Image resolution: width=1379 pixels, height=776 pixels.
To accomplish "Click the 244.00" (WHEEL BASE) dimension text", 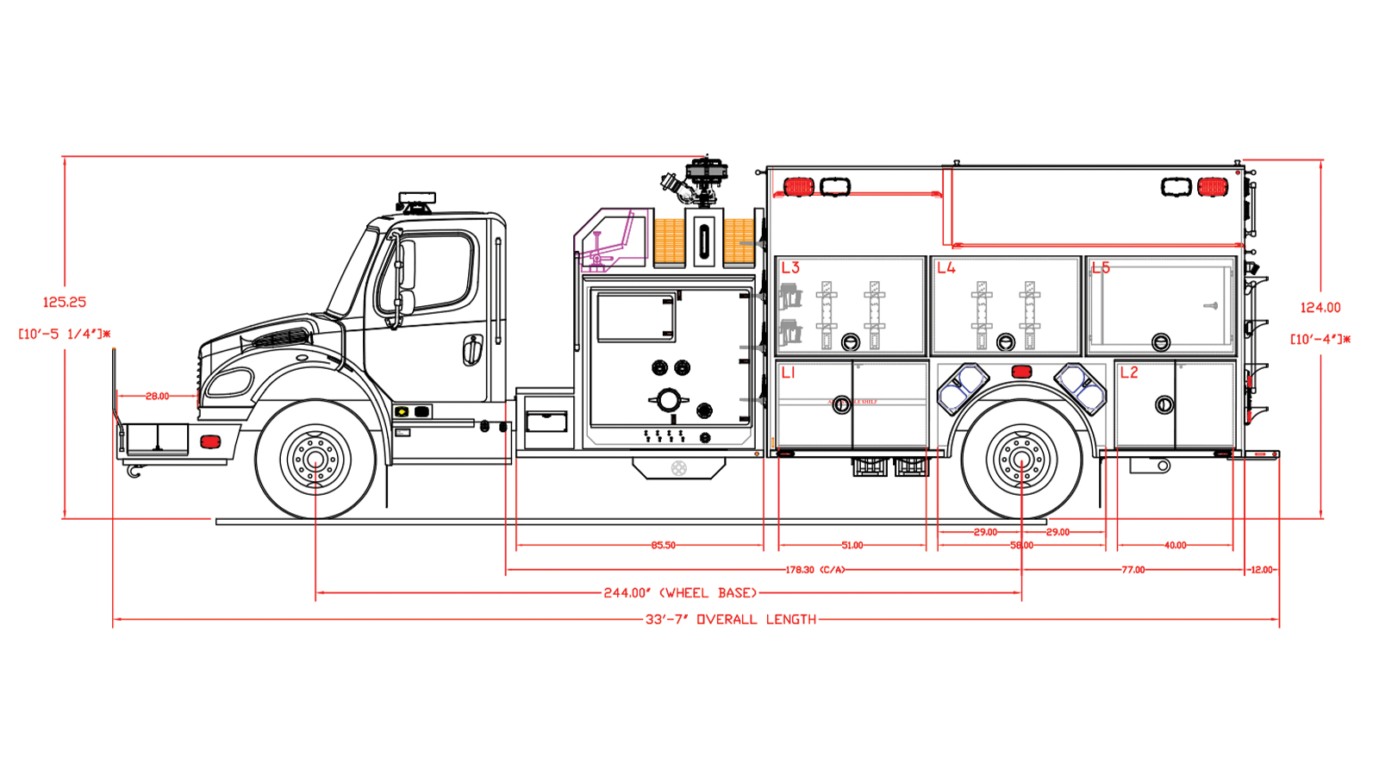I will pyautogui.click(x=680, y=593).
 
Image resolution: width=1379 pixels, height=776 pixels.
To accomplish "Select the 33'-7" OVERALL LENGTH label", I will pyautogui.click(x=730, y=619).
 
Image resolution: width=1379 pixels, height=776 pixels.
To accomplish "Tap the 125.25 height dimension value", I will pyautogui.click(x=65, y=302).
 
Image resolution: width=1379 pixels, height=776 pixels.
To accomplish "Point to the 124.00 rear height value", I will pyautogui.click(x=1320, y=307).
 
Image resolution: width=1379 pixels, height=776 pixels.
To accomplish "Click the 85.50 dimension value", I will pyautogui.click(x=663, y=545).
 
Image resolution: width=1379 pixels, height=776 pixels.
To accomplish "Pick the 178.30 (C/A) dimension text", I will pyautogui.click(x=814, y=570).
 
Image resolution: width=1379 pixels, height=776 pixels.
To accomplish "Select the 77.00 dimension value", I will pyautogui.click(x=1133, y=570).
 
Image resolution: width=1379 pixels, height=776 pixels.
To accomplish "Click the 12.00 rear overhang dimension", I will pyautogui.click(x=1261, y=570).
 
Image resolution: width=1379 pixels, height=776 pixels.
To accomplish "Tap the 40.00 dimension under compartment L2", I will pyautogui.click(x=1175, y=545).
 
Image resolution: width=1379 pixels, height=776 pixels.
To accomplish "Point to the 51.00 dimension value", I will pyautogui.click(x=852, y=545).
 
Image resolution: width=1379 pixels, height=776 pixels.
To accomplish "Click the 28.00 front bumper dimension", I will pyautogui.click(x=157, y=396).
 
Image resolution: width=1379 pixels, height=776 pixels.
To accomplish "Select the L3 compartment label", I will pyautogui.click(x=790, y=267).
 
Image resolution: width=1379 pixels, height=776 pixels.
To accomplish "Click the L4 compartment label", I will pyautogui.click(x=946, y=267).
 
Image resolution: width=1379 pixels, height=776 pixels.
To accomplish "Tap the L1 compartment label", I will pyautogui.click(x=788, y=372).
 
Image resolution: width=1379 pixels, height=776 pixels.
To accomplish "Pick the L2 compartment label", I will pyautogui.click(x=1128, y=372).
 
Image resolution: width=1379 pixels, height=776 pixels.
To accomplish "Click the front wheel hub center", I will pyautogui.click(x=315, y=459).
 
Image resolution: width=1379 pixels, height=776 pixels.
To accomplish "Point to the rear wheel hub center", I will pyautogui.click(x=1021, y=459).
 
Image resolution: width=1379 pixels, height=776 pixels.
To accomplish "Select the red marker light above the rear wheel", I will pyautogui.click(x=1021, y=372).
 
